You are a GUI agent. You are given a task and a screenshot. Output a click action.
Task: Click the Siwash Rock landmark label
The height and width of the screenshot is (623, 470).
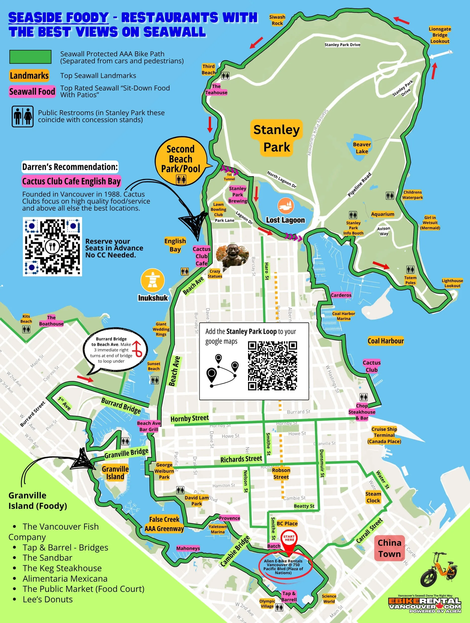point(277,20)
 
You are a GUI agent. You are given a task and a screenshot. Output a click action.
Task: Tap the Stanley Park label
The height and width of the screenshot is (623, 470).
point(276,138)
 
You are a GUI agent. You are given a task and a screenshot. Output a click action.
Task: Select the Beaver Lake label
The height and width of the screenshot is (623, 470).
point(362,148)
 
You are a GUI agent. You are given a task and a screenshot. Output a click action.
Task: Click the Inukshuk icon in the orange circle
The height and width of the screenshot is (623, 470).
point(153,280)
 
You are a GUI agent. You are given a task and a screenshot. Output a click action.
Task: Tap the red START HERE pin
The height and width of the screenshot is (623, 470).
point(289,539)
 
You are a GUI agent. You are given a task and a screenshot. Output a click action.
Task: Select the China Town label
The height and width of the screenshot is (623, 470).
point(389,548)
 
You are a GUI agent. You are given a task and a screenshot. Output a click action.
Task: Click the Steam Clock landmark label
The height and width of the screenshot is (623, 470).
point(373,497)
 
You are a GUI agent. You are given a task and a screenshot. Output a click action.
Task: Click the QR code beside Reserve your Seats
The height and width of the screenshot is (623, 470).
point(52,246)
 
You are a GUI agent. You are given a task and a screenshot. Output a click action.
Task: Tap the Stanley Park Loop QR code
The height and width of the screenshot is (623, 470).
point(272,366)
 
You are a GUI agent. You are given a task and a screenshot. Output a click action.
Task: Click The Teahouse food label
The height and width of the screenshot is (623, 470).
point(216,89)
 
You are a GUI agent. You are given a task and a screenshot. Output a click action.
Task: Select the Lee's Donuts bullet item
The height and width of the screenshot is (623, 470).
point(48,599)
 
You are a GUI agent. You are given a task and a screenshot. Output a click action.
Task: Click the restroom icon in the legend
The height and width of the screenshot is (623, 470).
point(22,116)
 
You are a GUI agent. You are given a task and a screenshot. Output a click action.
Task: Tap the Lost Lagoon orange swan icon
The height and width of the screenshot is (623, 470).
point(286,206)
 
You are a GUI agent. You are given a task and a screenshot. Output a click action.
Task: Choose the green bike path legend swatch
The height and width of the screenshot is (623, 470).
point(30,57)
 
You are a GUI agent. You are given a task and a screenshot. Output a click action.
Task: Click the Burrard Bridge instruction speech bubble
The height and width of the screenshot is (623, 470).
point(114,350)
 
